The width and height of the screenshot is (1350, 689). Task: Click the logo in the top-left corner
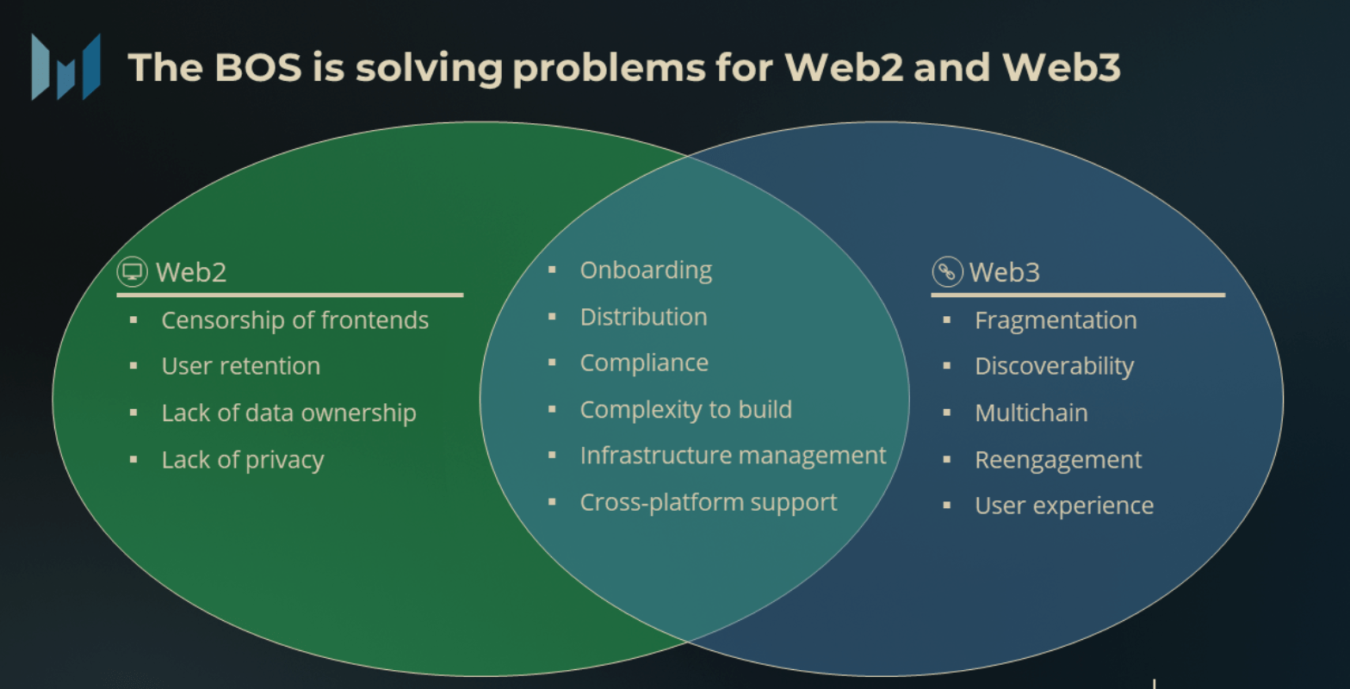(65, 66)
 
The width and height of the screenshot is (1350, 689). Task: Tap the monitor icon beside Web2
(132, 272)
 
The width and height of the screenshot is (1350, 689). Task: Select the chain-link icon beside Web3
(947, 272)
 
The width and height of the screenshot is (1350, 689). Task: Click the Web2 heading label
(191, 273)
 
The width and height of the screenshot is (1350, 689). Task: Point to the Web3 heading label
(1005, 273)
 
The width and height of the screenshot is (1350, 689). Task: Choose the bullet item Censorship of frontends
(294, 320)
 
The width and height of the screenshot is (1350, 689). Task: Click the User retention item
(241, 366)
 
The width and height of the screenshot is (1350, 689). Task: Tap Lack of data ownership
(288, 413)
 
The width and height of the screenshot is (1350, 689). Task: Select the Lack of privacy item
(243, 460)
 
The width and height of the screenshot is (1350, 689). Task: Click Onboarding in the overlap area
(646, 270)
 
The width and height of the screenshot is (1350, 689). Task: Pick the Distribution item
(643, 317)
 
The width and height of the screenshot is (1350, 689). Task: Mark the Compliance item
(644, 363)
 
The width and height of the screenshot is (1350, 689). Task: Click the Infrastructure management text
(733, 456)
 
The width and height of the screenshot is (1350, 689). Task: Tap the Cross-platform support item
(708, 502)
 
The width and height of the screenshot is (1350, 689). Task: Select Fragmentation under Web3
(1056, 320)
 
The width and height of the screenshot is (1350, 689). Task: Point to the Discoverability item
(1054, 366)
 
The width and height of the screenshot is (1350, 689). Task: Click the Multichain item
(1031, 413)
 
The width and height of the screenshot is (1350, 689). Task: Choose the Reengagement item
(1058, 460)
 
